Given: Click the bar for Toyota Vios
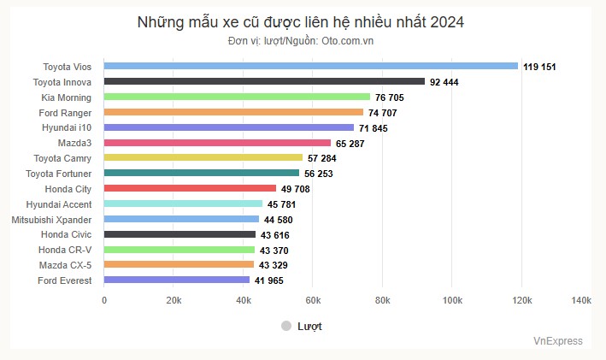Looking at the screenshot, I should (x=310, y=66).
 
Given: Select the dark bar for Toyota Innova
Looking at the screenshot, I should (x=264, y=81).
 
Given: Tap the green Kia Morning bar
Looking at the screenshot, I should (x=237, y=97).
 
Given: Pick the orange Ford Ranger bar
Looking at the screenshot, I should (x=233, y=112).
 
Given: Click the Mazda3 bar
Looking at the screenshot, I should (x=217, y=143).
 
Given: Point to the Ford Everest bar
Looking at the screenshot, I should (x=177, y=280).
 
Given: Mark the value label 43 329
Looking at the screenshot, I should (x=275, y=265).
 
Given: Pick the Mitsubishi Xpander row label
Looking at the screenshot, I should (x=52, y=219).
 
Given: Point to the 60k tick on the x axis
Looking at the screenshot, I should (x=312, y=300).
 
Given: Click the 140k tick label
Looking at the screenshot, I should (x=580, y=300).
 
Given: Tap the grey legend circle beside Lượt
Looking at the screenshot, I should (x=286, y=326).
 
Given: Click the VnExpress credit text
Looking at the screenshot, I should (x=558, y=341).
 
